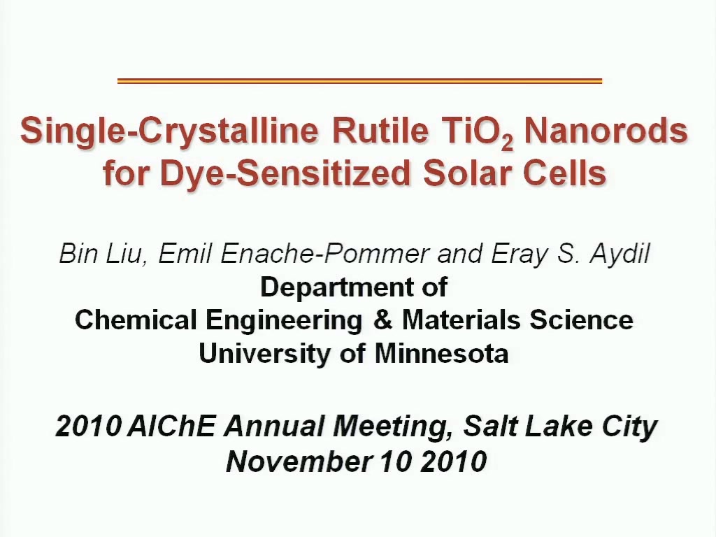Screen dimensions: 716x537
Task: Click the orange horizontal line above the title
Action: (360, 81)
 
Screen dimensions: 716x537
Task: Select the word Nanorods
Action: (606, 131)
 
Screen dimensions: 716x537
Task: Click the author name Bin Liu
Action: (101, 253)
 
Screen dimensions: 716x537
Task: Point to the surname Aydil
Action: (620, 254)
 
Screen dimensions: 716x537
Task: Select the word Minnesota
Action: (442, 353)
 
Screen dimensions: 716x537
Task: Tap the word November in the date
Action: (298, 461)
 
